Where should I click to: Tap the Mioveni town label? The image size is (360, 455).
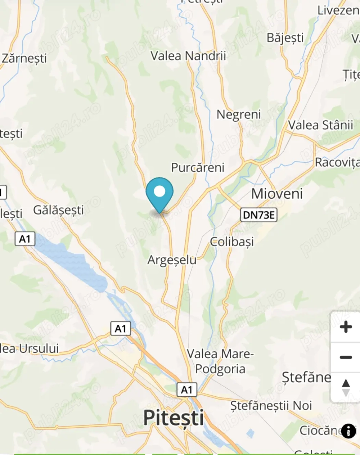[x=277, y=194]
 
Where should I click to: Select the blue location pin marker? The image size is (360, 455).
[x=159, y=193]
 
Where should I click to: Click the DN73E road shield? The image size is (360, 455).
[x=258, y=215]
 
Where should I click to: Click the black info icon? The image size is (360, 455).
[x=348, y=431]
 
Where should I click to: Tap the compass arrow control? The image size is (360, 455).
[x=346, y=388]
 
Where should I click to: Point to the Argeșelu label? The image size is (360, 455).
[x=172, y=260]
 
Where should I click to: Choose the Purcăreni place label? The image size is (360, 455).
[x=198, y=167]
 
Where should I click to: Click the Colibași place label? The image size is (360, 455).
[x=232, y=242]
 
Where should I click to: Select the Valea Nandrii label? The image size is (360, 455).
[x=188, y=56]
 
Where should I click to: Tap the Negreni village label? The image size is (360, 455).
[x=239, y=115]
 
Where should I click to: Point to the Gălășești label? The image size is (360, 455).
[x=58, y=210]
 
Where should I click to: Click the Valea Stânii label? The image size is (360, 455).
[x=320, y=125]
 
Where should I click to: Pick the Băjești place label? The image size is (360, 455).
[x=285, y=38]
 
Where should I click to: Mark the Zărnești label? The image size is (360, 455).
[x=24, y=58]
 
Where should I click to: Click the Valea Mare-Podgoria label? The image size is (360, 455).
[x=220, y=361]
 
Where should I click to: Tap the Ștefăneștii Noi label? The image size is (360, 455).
[x=271, y=406]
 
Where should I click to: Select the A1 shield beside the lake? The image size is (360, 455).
[x=25, y=239]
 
